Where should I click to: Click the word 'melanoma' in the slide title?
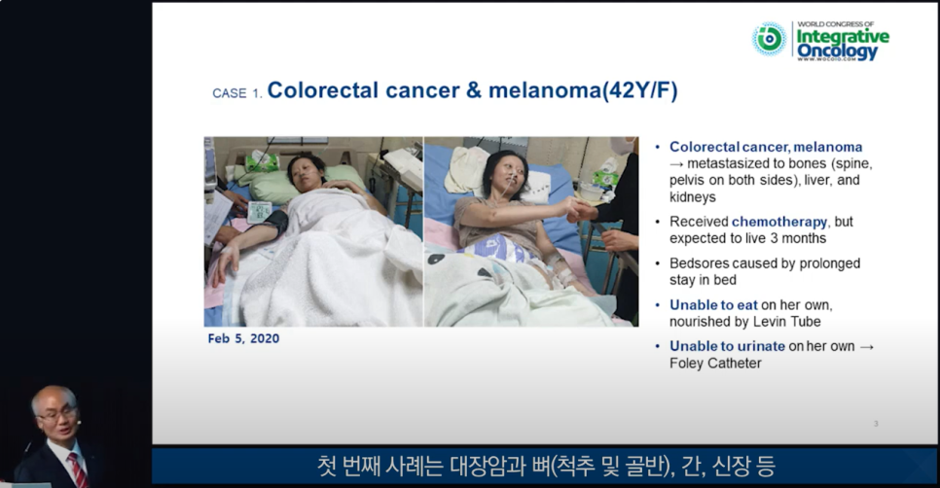pos(545,90)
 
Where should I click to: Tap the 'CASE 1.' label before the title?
pos(237,93)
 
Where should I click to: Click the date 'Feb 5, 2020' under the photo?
pos(243,338)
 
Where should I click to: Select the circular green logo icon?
pos(769,39)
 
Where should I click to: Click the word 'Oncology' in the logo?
pos(837,52)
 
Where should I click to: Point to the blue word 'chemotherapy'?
pos(779,222)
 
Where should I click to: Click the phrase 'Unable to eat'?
pos(713,305)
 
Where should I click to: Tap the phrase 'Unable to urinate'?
pos(727,346)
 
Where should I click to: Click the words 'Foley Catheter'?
pos(715,363)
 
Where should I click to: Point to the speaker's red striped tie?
pos(78,470)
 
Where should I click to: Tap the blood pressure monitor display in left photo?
pos(259,212)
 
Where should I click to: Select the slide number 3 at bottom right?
pos(876,423)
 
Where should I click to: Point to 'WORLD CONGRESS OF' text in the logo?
pos(835,24)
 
